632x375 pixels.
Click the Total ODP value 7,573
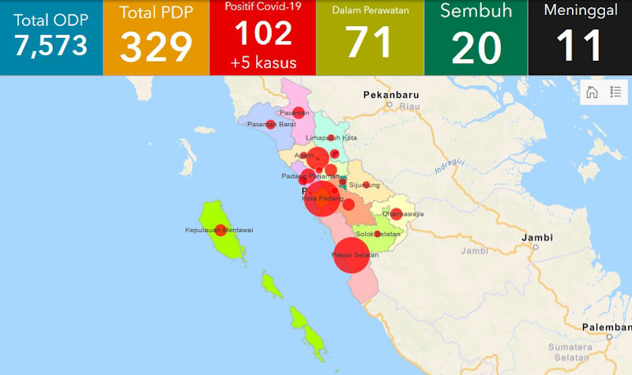click(51, 46)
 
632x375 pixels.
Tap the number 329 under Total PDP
click(156, 47)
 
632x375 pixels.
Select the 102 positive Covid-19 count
click(263, 33)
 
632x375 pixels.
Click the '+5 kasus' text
click(263, 62)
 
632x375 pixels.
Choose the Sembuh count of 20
click(476, 47)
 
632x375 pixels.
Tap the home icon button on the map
click(591, 92)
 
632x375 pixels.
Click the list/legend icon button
click(615, 92)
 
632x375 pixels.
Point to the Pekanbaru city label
click(390, 95)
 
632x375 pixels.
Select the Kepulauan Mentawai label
click(218, 230)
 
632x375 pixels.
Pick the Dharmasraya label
click(403, 214)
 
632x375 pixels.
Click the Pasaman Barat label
click(272, 124)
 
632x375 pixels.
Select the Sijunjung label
click(364, 186)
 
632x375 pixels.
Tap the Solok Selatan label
click(378, 234)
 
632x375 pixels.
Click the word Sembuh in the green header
click(476, 12)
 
